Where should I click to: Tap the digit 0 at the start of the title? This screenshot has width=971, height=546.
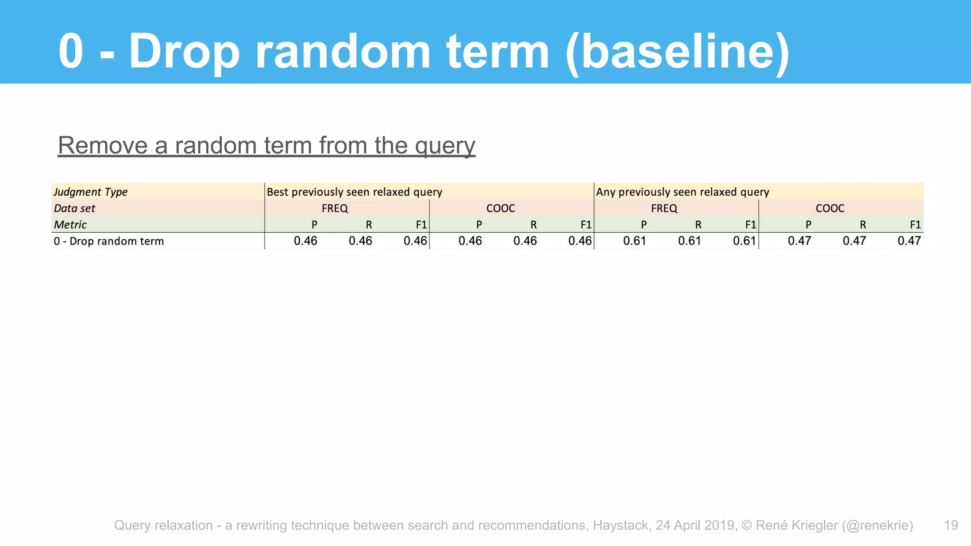tap(71, 51)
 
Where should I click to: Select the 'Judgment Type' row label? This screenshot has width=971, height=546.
tap(90, 192)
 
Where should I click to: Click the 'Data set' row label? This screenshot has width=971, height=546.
tap(74, 209)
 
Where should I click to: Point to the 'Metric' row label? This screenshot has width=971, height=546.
tap(70, 225)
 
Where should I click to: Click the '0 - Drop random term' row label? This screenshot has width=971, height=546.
tap(109, 241)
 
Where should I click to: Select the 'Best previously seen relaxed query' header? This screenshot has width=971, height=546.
tap(354, 192)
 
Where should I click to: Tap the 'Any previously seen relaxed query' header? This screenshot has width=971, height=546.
tap(682, 192)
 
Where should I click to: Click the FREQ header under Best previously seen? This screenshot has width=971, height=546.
tap(335, 209)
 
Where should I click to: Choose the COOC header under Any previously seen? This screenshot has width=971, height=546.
tap(830, 209)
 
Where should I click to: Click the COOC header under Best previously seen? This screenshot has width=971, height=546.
tap(501, 209)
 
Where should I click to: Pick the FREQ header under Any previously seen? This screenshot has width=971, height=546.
tap(664, 209)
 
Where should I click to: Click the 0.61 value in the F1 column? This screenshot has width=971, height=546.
tap(744, 241)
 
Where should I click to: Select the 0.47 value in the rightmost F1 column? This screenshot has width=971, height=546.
tap(909, 241)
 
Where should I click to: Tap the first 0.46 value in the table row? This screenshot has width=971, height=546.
tap(305, 241)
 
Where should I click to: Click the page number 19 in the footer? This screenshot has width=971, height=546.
tap(951, 525)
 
